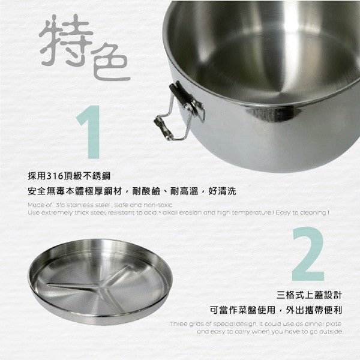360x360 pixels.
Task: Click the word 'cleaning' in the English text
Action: click(x=314, y=212)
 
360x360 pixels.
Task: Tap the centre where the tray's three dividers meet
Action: click(x=96, y=287)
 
